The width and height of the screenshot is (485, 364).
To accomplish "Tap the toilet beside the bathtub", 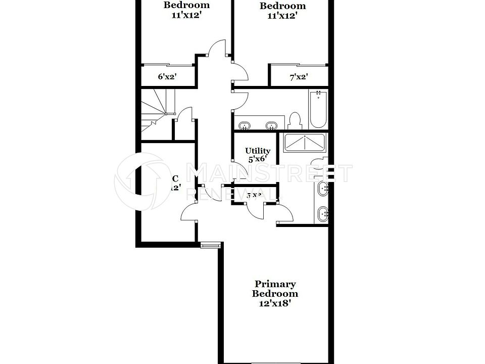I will coord(295,120).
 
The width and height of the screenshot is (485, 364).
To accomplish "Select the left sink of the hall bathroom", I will coord(245,125).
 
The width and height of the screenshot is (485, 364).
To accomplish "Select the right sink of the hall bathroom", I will coord(272,125).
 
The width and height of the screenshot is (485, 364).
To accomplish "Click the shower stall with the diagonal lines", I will coord(305,143).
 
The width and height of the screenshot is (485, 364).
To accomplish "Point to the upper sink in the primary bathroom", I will coord(323,189).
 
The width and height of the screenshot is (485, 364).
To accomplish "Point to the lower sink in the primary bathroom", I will coord(323,215).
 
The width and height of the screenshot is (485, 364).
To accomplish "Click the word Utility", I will coord(258,151).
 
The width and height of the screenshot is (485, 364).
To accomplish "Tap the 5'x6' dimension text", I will coord(258,159).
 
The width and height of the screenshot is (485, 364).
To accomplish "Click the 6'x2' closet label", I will coord(167,77).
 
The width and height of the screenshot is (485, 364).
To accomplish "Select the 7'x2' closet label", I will coord(299,77).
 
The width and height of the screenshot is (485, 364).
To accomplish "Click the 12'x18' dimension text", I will coord(275,303).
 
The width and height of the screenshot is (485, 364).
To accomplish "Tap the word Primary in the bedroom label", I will coord(275,284).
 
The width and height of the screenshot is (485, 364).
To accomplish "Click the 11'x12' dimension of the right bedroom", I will coord(282,16).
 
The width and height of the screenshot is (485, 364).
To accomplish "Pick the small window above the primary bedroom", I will coord(210,246).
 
